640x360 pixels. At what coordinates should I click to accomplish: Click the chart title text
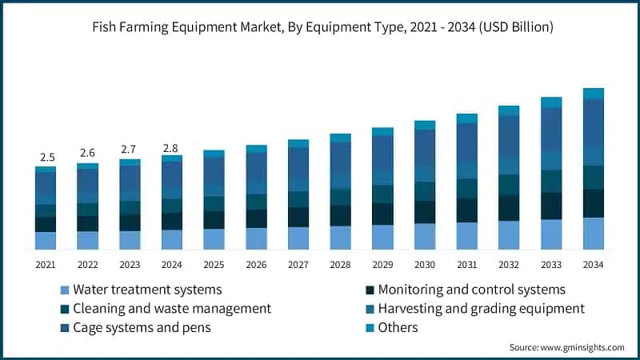(320, 27)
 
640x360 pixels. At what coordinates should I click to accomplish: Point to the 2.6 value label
(88, 153)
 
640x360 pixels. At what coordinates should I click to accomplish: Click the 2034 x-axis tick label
(593, 264)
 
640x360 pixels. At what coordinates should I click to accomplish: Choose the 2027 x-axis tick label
(298, 264)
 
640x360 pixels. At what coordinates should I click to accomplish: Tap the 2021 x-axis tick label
(46, 264)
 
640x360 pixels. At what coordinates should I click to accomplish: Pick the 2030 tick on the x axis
(425, 264)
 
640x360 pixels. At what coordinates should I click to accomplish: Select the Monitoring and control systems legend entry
(471, 290)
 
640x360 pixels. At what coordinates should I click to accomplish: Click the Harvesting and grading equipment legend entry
(481, 308)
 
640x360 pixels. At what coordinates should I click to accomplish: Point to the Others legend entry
(398, 327)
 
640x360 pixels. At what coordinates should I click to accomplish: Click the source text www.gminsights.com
(566, 347)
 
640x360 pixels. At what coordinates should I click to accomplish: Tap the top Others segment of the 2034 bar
(593, 94)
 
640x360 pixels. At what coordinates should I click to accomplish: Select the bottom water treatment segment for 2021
(46, 242)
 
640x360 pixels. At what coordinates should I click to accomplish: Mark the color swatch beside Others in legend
(370, 327)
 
